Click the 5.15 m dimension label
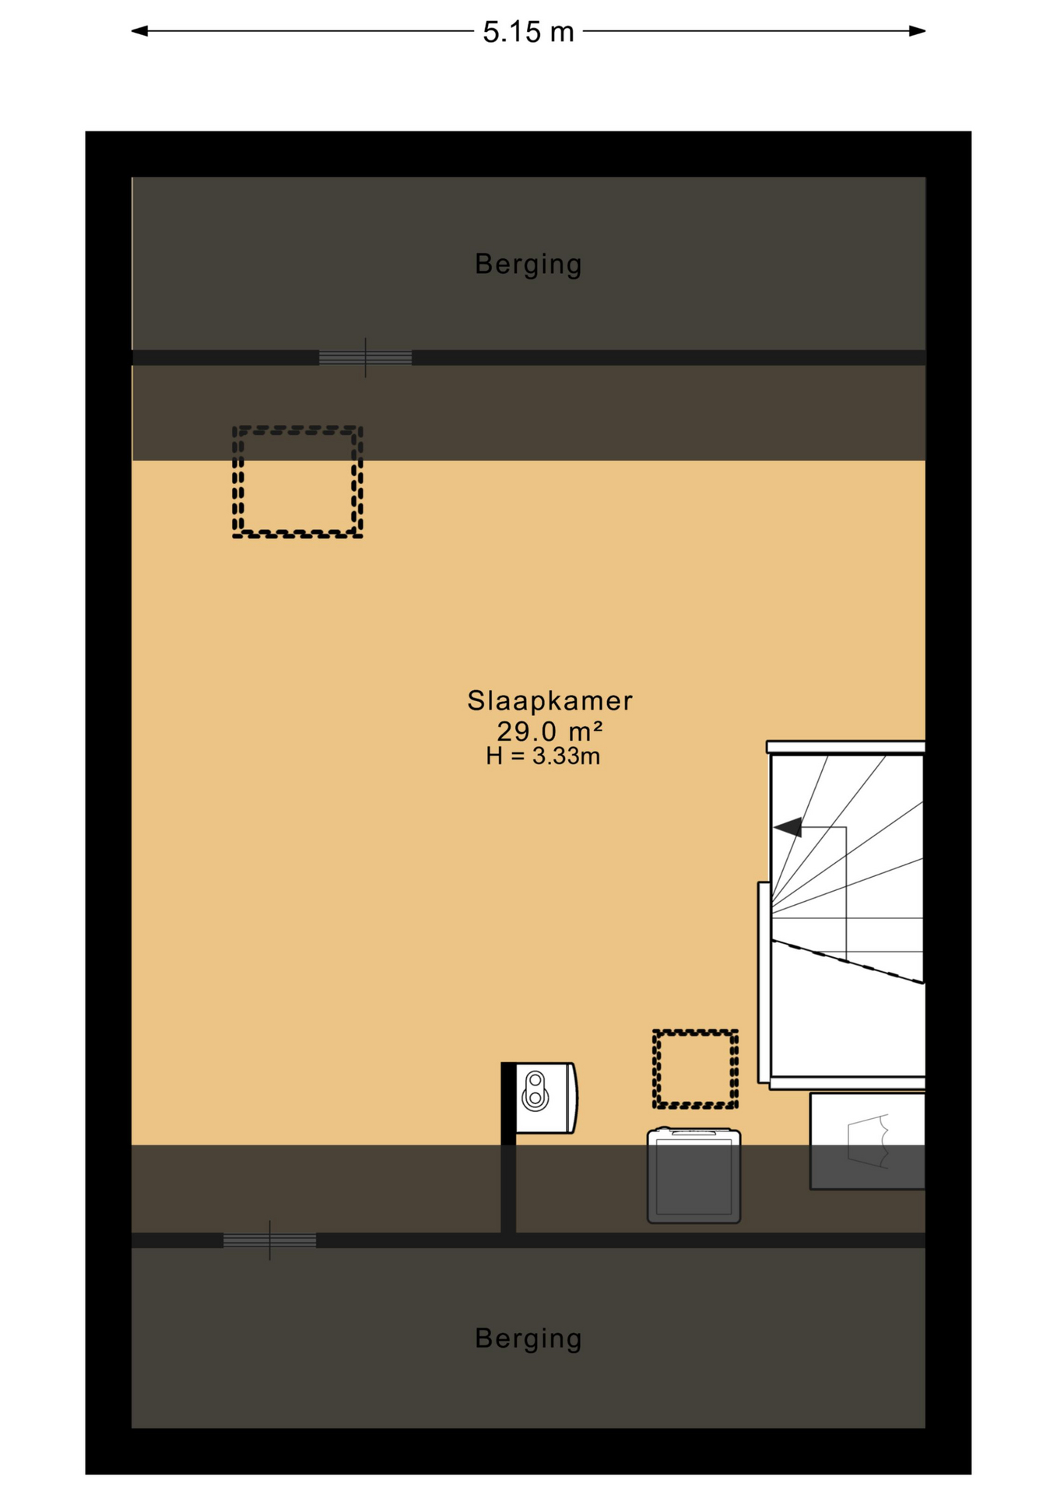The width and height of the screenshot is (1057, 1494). [x=528, y=32]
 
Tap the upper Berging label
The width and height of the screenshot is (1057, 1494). [x=528, y=265]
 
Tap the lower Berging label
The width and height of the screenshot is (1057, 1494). [x=528, y=1338]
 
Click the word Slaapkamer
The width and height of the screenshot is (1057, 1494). [x=550, y=700]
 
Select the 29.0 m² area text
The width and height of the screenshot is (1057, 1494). [x=550, y=731]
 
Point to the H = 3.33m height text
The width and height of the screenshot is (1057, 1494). [x=543, y=756]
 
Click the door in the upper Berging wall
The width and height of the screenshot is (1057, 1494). [x=365, y=358]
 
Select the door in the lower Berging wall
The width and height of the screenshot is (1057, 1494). [x=269, y=1240]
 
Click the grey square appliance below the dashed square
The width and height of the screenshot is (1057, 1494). [x=694, y=1175]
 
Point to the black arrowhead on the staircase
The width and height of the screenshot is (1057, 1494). [x=788, y=827]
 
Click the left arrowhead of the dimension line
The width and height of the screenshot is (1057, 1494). [x=139, y=31]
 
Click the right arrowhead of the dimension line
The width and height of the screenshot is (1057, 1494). [x=917, y=31]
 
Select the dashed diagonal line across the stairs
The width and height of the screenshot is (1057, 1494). [x=848, y=963]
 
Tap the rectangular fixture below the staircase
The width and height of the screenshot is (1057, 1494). [x=867, y=1141]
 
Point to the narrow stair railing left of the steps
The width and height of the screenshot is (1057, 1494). [x=764, y=982]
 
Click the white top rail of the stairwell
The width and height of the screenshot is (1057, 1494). [x=846, y=747]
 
